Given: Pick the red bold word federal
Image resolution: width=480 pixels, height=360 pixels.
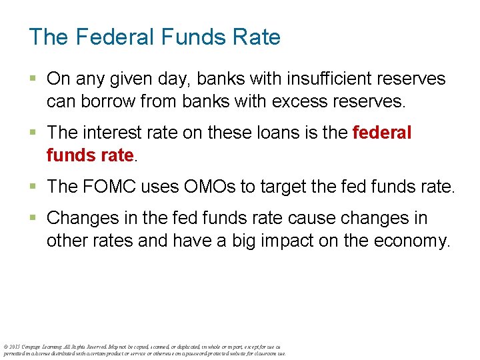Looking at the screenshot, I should (x=382, y=133).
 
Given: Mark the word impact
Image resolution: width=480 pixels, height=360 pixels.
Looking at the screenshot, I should (x=281, y=241).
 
